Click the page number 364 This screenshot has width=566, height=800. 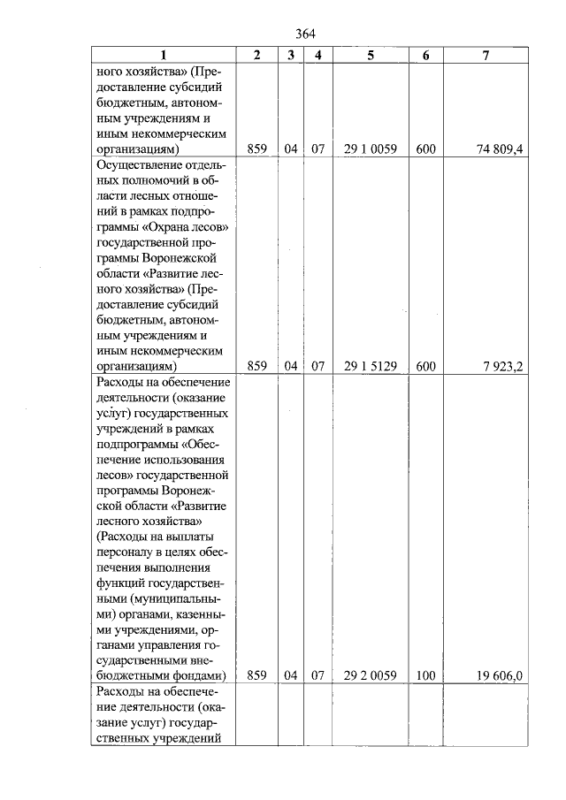pos(303,34)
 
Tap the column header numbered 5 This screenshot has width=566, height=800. pos(371,55)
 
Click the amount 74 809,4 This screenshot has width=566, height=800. pos(500,149)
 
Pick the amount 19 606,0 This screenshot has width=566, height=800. pos(501,675)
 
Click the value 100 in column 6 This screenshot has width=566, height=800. pos(425,675)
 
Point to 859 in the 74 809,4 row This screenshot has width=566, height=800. pos(256,149)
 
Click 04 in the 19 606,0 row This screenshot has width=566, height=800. pos(291,675)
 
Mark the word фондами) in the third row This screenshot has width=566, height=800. pos(203,675)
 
